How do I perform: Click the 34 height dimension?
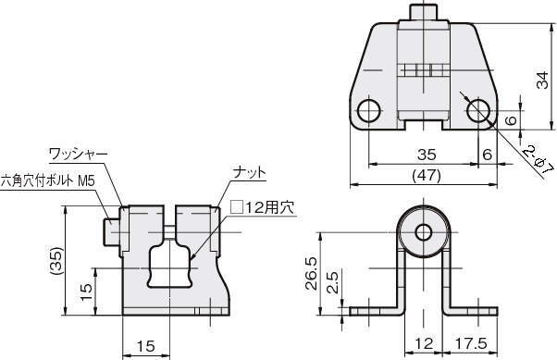pyautogui.click(x=542, y=81)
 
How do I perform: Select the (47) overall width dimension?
pyautogui.click(x=427, y=176)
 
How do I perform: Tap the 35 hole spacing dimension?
pyautogui.click(x=427, y=155)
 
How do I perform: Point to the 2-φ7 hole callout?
pyautogui.click(x=538, y=160)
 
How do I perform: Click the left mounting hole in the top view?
pyautogui.click(x=369, y=111)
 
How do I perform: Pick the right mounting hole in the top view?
pyautogui.click(x=478, y=111)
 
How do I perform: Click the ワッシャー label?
pyautogui.click(x=78, y=154)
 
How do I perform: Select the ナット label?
pyautogui.click(x=250, y=173)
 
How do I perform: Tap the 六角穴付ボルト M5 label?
pyautogui.click(x=47, y=181)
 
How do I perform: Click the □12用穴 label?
pyautogui.click(x=263, y=207)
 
